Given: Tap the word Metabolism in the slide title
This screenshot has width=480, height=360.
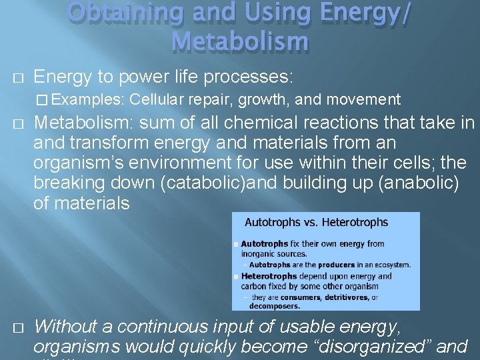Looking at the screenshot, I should click(x=240, y=41).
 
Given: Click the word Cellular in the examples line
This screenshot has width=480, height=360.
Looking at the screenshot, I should click(x=157, y=100).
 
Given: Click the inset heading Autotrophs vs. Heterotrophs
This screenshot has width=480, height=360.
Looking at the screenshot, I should click(x=316, y=222).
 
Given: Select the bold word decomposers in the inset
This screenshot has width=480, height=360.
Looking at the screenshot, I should click(x=275, y=306).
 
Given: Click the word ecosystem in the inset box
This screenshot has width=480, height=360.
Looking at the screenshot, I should click(x=393, y=265).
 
